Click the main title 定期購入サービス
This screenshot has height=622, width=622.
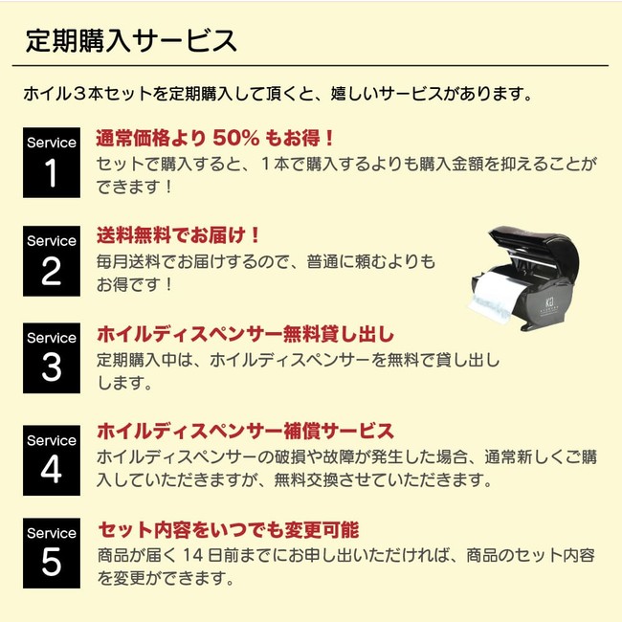131,41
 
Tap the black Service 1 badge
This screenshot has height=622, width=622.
52,163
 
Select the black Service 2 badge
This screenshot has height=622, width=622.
52,261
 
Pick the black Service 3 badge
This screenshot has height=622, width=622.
52,358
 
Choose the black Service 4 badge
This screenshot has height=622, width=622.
52,460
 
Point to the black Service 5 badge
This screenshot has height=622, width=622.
52,553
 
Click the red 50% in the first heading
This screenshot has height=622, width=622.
236,139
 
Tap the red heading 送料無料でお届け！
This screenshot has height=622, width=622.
178,235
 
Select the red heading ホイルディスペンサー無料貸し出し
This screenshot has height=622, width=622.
246,334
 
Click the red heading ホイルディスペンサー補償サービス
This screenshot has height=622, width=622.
246,432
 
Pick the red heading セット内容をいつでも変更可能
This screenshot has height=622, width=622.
229,530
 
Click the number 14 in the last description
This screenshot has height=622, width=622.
193,555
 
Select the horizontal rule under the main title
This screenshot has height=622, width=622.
310,65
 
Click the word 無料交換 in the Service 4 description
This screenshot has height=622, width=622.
306,480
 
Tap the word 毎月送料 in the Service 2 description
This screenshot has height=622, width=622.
128,262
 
